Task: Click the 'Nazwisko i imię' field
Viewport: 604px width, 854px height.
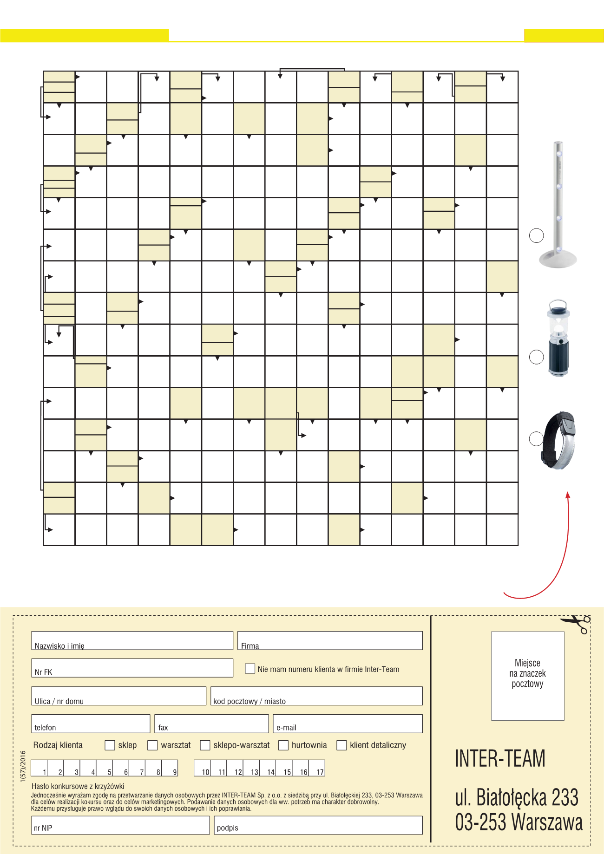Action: coord(132,640)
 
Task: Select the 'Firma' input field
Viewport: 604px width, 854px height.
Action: coord(330,640)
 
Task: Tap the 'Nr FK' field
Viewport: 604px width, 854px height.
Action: coord(132,668)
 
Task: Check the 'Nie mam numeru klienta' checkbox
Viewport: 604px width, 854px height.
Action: coord(250,669)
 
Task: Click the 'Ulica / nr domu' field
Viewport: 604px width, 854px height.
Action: coord(118,696)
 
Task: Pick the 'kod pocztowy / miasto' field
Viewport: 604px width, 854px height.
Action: coord(316,696)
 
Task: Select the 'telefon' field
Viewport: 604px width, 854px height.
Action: coord(91,724)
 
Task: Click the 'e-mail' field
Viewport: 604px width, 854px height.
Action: coord(348,724)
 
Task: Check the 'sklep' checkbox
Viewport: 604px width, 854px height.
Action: coord(110,745)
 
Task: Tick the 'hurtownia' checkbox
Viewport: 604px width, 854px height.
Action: coord(283,745)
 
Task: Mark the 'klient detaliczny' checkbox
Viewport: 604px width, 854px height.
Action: coord(341,745)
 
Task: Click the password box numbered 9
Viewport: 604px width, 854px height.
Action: coord(170,768)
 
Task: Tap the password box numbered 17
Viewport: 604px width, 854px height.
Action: coord(316,768)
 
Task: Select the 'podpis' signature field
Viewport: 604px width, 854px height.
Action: coord(318,825)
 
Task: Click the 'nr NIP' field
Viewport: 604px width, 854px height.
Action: coord(120,825)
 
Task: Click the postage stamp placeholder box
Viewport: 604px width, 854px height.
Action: coord(528,676)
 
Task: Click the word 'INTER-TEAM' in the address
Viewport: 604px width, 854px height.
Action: coord(500,758)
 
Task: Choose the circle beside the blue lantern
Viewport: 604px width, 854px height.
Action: coord(537,357)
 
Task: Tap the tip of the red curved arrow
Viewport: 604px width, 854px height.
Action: coord(567,494)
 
